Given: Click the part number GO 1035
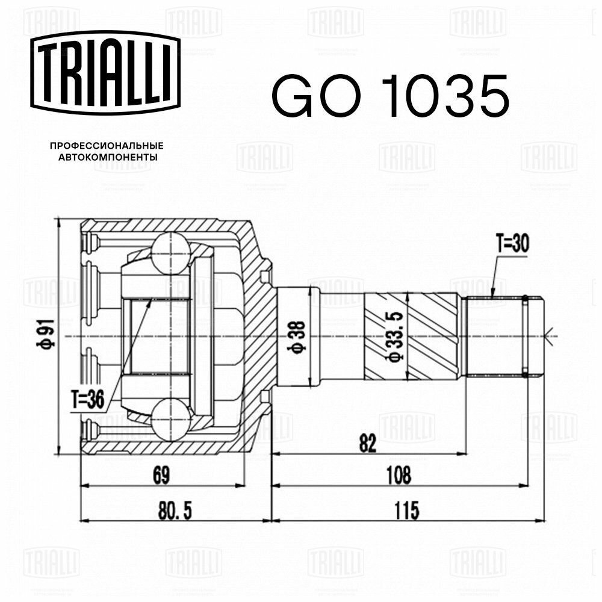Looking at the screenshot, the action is [390, 96].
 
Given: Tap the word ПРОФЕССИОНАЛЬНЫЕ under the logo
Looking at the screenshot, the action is [107, 146].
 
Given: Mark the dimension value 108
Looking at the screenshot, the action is [399, 475].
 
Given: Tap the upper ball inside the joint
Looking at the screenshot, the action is [170, 252].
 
